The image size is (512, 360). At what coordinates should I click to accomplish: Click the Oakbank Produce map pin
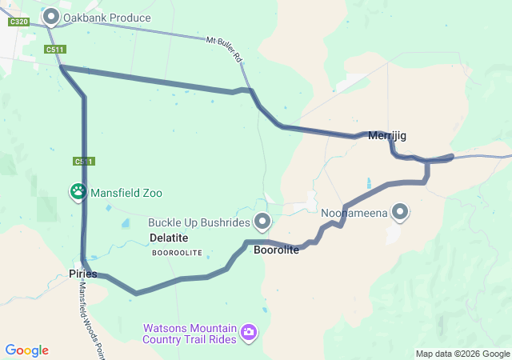click(52, 16)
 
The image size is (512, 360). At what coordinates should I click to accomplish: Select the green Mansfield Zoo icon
click(78, 192)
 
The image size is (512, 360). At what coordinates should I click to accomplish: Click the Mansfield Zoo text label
click(126, 193)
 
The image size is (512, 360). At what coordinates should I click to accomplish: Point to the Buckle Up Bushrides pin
click(262, 221)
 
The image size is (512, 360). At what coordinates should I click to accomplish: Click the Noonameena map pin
click(399, 213)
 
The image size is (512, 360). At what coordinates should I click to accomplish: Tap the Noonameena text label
click(354, 214)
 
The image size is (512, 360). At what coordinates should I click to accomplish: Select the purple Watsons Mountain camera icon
click(249, 331)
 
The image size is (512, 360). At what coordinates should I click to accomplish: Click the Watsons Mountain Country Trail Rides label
click(190, 334)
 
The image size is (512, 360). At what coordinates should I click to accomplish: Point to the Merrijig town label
click(387, 136)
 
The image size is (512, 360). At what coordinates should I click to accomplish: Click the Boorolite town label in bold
click(276, 250)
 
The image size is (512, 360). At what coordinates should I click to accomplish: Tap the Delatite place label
click(169, 238)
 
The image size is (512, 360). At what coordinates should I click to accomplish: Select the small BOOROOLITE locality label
click(177, 253)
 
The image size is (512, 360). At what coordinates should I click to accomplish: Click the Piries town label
click(82, 274)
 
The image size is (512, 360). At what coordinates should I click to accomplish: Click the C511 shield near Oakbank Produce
click(55, 50)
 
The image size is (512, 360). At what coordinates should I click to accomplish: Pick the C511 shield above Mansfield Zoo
click(84, 162)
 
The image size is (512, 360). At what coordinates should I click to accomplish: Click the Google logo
click(27, 350)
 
